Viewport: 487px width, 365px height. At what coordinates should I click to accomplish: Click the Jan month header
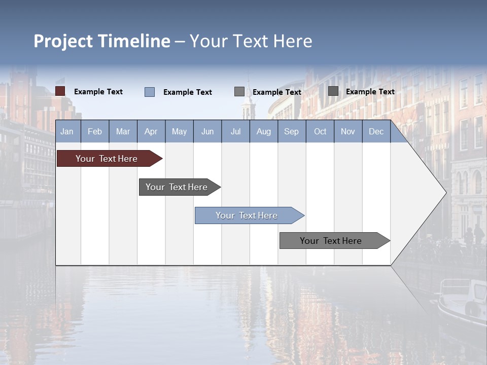click(x=67, y=131)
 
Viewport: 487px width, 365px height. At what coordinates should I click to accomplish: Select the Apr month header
click(x=151, y=131)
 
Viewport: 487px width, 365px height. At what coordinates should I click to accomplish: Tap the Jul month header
click(x=235, y=131)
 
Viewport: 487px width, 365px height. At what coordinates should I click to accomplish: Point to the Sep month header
click(x=291, y=131)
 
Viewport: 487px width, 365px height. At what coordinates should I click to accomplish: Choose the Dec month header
click(x=376, y=131)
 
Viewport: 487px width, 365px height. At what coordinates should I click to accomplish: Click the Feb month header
click(x=95, y=131)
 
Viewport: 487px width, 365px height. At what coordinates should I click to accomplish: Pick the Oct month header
click(x=320, y=131)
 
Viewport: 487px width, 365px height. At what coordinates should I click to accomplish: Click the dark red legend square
click(x=60, y=91)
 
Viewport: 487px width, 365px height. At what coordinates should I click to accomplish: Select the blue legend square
click(x=150, y=92)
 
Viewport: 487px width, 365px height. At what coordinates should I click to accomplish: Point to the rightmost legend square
click(x=333, y=91)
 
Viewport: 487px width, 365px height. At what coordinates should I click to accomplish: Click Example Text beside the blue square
click(x=188, y=92)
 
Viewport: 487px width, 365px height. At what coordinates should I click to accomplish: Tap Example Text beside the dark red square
click(x=98, y=92)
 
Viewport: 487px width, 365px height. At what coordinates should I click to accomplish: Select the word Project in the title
click(x=63, y=41)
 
